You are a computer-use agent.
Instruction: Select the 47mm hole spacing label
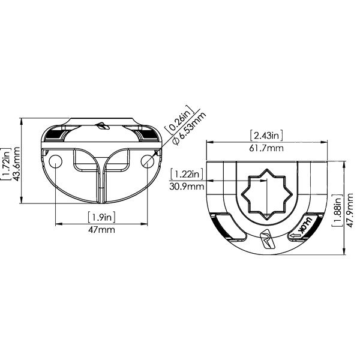102,229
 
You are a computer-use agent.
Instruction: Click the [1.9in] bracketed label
101,217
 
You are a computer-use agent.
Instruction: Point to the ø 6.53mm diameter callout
190,128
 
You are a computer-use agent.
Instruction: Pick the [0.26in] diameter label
179,119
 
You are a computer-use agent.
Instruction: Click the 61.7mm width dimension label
266,148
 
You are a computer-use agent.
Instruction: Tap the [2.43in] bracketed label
266,136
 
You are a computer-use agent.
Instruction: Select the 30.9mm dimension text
187,186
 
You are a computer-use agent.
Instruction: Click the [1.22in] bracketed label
187,174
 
